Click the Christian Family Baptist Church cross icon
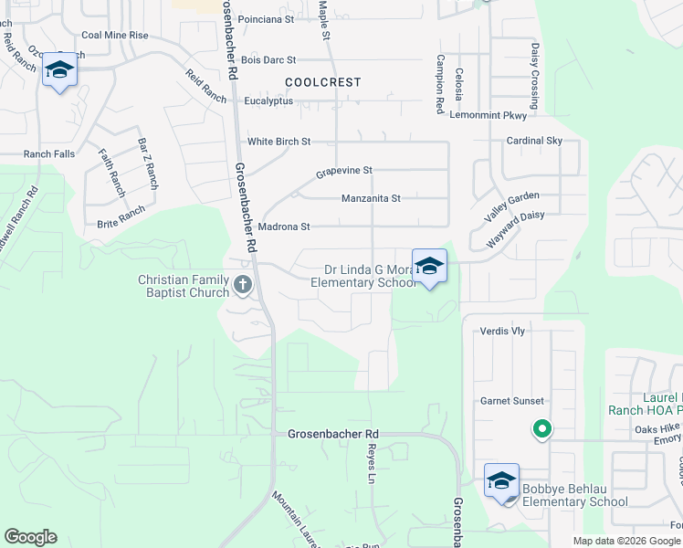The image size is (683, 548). (243, 285)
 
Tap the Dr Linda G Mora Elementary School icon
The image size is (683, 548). (429, 267)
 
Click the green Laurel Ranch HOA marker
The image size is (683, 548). (541, 428)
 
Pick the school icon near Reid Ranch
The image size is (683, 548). (60, 70)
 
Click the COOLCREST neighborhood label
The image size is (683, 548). (322, 82)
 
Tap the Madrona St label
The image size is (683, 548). (284, 227)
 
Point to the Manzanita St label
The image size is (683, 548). (372, 198)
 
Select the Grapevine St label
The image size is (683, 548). (344, 171)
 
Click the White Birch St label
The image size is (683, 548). (279, 142)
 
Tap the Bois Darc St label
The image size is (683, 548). (267, 59)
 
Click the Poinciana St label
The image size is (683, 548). (265, 18)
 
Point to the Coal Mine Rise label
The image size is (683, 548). (114, 35)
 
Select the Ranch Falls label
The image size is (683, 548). (49, 153)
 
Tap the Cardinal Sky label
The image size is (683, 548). (535, 141)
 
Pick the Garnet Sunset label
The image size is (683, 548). (512, 401)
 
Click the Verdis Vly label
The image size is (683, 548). (502, 332)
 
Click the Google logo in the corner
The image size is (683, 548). (30, 537)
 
